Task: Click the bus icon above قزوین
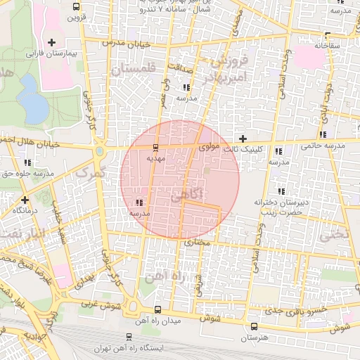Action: [75, 6]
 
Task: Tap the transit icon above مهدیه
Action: [155, 147]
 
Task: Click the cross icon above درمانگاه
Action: [25, 199]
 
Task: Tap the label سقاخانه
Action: [327, 45]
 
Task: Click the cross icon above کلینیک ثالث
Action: [243, 139]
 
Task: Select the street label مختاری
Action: [198, 242]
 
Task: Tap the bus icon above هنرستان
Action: [254, 326]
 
